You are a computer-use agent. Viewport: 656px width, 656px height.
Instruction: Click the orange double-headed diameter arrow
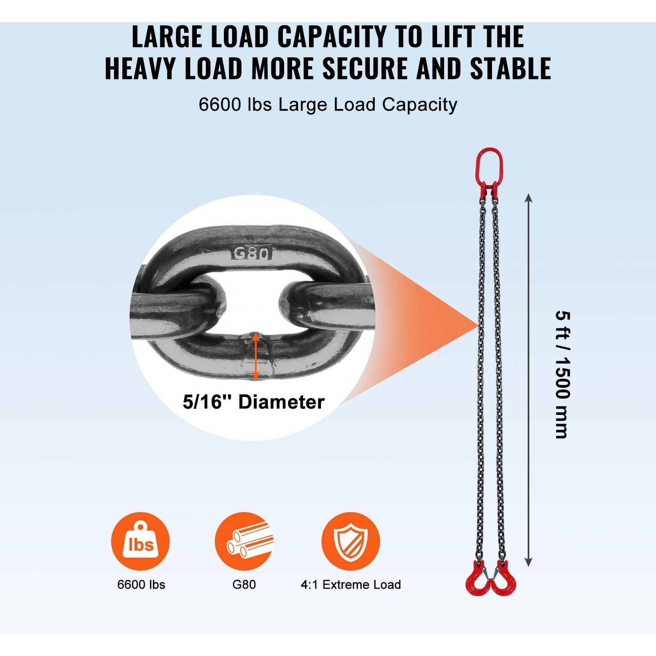(255, 356)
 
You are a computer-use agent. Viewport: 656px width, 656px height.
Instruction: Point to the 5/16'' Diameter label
(253, 402)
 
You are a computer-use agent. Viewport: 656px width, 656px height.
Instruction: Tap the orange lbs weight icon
(140, 541)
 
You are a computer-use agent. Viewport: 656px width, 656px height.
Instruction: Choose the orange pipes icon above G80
(244, 541)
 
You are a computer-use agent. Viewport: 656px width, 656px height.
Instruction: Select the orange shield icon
(351, 541)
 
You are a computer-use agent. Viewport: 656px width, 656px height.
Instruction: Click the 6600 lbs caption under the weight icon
(141, 584)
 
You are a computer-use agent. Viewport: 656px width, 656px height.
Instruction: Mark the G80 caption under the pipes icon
(244, 584)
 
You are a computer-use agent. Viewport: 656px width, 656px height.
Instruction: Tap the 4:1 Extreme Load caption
(351, 584)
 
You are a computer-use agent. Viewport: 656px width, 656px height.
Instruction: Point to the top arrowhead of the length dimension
(528, 198)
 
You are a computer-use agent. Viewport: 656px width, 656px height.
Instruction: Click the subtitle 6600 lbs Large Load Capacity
(328, 105)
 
